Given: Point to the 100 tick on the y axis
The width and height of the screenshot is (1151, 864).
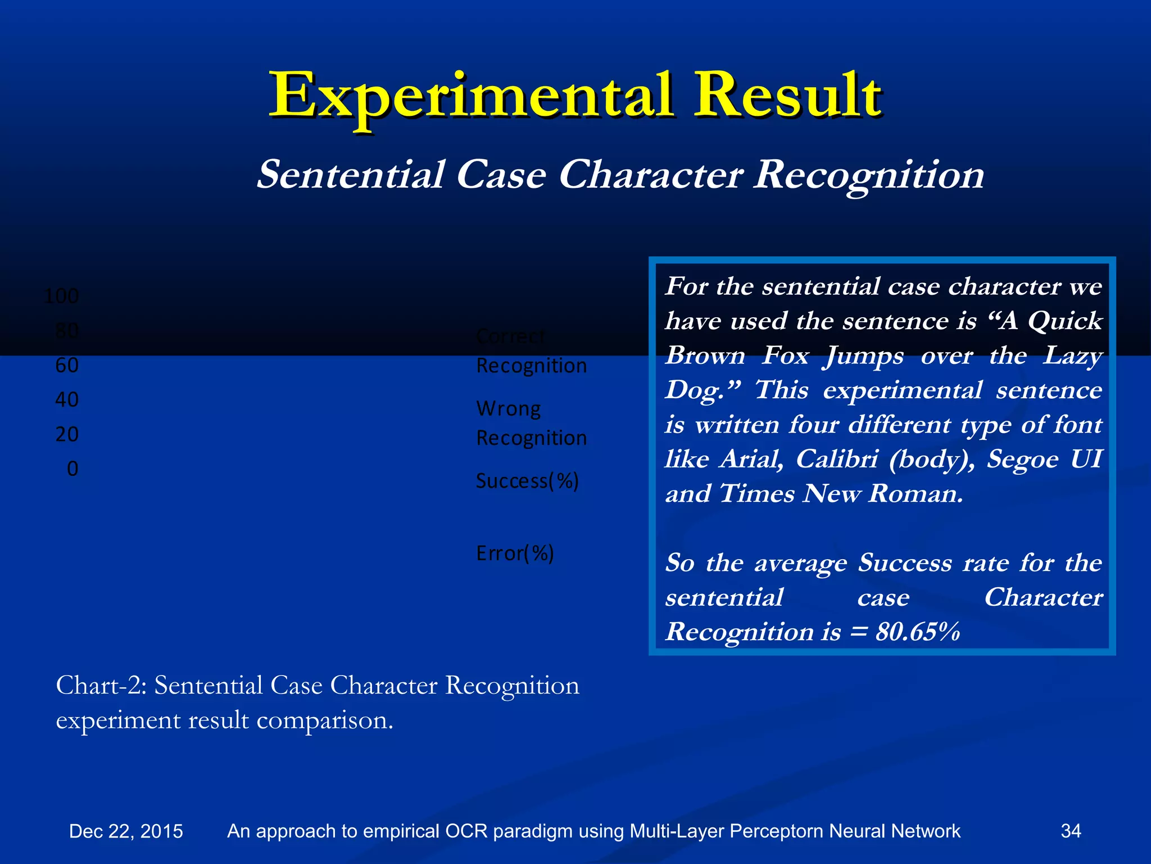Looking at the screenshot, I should tap(61, 296).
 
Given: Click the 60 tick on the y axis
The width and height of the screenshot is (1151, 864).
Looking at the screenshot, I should tap(67, 366).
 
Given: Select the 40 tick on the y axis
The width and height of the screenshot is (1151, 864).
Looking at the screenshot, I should tap(67, 400).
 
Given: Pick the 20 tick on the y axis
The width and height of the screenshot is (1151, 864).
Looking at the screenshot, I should tap(67, 434).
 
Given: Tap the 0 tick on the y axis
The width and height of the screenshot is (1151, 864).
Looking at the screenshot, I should tap(72, 469).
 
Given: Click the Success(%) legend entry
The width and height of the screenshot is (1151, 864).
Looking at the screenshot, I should tap(527, 481).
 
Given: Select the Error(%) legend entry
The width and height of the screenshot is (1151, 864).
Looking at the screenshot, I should tap(515, 553).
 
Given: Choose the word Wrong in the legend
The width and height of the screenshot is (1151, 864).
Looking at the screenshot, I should tap(508, 408).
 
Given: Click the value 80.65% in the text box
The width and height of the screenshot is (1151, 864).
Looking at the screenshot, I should tap(917, 631).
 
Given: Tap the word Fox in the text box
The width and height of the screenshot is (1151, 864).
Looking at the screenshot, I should tap(785, 355).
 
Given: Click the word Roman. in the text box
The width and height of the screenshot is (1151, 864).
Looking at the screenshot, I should tap(916, 494).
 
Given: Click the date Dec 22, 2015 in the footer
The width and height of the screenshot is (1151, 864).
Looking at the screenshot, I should tap(126, 831).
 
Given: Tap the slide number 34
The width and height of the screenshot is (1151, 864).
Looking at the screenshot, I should tap(1071, 831).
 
